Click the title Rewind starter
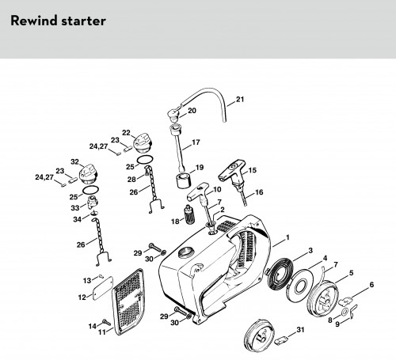[x=58, y=21]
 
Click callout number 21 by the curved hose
[x=240, y=100]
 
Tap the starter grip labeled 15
[x=232, y=173]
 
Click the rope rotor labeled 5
[x=322, y=297]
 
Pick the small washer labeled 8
[x=345, y=313]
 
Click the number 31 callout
[x=300, y=330]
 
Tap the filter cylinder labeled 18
[x=188, y=214]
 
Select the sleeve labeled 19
[x=183, y=181]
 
